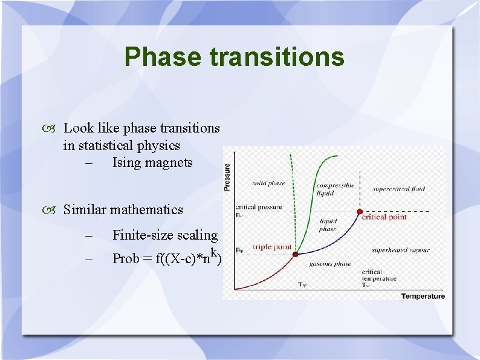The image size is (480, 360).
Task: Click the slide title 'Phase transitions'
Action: click(x=234, y=57)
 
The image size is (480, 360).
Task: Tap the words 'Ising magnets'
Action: click(x=152, y=162)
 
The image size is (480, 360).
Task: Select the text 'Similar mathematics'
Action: click(x=123, y=209)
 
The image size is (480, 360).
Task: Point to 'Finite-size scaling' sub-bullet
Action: click(x=164, y=235)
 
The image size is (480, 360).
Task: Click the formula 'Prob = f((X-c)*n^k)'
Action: click(x=167, y=258)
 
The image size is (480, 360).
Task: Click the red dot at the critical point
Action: click(x=360, y=212)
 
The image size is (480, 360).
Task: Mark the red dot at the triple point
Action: click(x=296, y=254)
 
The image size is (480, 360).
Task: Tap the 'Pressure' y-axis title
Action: click(x=227, y=177)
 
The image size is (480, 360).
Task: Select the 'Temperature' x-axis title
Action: click(x=423, y=296)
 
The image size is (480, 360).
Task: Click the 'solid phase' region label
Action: click(x=268, y=183)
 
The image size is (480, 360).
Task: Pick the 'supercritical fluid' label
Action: click(x=398, y=189)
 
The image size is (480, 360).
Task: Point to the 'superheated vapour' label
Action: click(x=400, y=250)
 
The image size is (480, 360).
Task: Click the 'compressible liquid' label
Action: click(x=334, y=189)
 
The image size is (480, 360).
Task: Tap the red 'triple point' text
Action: click(x=272, y=247)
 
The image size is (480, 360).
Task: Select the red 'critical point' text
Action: click(x=384, y=217)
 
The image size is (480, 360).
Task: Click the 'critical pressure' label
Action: click(x=259, y=207)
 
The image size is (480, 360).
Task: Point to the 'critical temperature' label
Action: click(x=379, y=275)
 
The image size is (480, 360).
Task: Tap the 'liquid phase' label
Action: click(x=328, y=225)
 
